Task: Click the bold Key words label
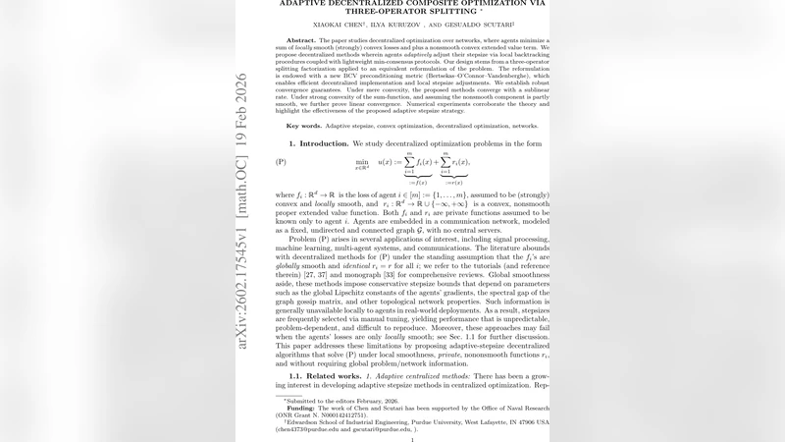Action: pyautogui.click(x=306, y=126)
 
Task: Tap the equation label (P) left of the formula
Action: pyautogui.click(x=281, y=162)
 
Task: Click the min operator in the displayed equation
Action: pyautogui.click(x=362, y=161)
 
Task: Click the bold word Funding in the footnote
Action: pyautogui.click(x=300, y=408)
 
